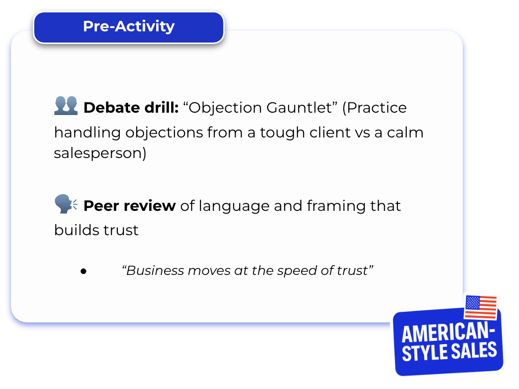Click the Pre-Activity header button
pyautogui.click(x=129, y=28)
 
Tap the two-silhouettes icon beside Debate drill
pyautogui.click(x=66, y=106)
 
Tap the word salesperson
pyautogui.click(x=100, y=153)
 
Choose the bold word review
pyautogui.click(x=150, y=206)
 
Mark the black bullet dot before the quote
pyautogui.click(x=83, y=272)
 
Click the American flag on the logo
pyautogui.click(x=481, y=308)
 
